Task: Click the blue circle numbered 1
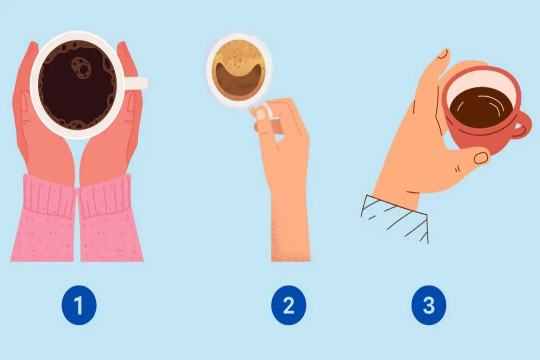tap(79, 305)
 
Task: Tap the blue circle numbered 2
tap(288, 305)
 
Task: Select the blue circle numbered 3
tap(428, 305)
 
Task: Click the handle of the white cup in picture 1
tap(136, 83)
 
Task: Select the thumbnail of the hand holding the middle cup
tap(261, 114)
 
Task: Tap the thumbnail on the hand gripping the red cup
tap(481, 158)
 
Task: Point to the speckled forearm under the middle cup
tap(291, 231)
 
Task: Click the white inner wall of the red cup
tap(480, 82)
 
